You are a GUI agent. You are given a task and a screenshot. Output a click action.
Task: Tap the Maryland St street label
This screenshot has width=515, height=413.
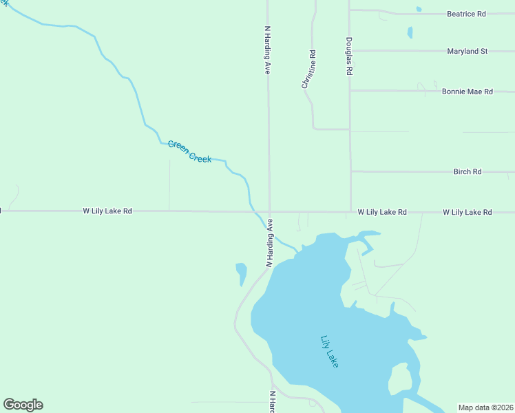click(x=467, y=52)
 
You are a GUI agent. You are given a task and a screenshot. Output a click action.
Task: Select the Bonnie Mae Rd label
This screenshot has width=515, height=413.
click(x=467, y=92)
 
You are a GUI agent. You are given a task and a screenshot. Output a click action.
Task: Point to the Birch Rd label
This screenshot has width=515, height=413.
click(x=467, y=172)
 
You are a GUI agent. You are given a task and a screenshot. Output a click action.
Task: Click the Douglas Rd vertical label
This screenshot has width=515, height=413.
click(x=350, y=56)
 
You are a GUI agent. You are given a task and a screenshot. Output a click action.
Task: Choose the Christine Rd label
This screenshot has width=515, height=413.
click(x=308, y=70)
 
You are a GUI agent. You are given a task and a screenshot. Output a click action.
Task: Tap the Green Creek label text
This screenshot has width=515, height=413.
click(x=189, y=152)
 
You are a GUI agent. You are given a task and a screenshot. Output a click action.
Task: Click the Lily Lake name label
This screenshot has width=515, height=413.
click(x=330, y=351)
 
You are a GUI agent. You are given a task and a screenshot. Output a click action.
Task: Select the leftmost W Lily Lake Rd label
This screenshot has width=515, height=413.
click(x=107, y=211)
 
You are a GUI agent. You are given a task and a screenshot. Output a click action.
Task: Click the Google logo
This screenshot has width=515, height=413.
click(x=23, y=405)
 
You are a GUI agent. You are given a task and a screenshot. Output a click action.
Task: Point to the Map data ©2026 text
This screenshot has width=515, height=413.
click(x=485, y=407)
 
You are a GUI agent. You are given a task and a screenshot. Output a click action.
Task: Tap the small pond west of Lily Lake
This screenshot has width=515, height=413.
click(x=241, y=273)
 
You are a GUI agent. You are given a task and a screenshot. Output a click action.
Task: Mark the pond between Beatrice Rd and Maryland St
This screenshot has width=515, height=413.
click(x=410, y=32)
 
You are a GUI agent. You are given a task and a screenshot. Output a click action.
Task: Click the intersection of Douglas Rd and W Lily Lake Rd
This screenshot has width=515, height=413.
click(x=350, y=212)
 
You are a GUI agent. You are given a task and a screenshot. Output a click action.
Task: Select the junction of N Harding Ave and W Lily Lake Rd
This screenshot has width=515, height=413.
click(x=269, y=212)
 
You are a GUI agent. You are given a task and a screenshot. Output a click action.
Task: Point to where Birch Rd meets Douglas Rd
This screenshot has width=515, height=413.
click(x=350, y=171)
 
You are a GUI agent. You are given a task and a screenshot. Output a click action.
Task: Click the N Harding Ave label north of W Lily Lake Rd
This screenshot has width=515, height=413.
click(x=268, y=50)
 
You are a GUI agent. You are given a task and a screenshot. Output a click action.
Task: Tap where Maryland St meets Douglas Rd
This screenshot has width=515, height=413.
click(x=350, y=51)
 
